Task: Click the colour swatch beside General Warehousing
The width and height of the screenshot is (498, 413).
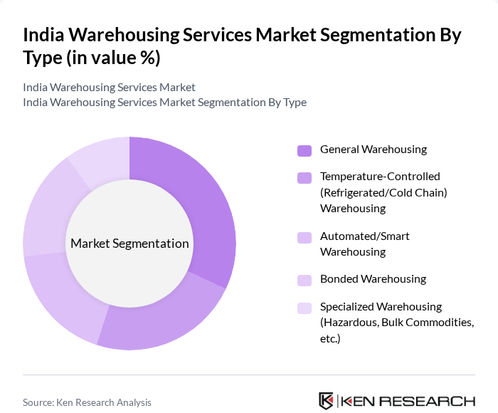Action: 304,150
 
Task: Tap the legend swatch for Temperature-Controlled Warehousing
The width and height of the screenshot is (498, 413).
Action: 304,177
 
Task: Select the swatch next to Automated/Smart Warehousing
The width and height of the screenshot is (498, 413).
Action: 304,236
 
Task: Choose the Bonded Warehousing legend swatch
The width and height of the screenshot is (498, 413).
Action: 304,280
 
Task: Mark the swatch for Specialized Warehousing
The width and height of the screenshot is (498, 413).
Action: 304,308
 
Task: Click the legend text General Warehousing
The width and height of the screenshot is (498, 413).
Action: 373,150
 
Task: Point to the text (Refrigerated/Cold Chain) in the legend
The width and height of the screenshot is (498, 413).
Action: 383,192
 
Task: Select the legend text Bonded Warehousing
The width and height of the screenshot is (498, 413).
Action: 373,279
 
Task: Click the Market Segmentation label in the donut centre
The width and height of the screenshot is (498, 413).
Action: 129,244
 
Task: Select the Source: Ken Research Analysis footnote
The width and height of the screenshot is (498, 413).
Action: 87,402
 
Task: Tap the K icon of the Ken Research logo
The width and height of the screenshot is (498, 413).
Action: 327,401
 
